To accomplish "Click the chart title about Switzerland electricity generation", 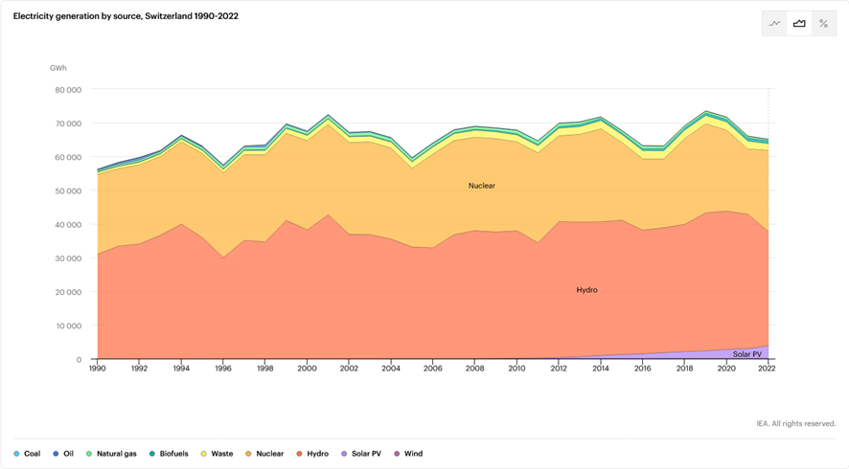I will point(126,16).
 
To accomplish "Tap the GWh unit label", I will point(58,68).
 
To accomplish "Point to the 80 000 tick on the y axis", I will point(68,90).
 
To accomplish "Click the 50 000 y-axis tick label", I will point(68,191).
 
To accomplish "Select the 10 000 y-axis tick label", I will point(68,326).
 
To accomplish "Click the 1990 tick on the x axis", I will point(98,368).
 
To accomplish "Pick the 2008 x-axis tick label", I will point(474,368).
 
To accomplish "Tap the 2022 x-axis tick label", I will point(767,368).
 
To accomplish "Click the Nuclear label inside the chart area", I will point(482,186).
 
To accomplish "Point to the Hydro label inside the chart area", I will point(586,290).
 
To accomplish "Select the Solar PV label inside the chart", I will point(747,354).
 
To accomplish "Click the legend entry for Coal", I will point(28,454).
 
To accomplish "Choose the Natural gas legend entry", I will point(111,454).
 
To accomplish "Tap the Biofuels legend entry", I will point(170,454).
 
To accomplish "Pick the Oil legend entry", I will point(64,454).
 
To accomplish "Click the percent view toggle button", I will point(823,24).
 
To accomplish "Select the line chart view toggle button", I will point(775,24).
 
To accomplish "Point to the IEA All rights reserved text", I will point(795,423).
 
